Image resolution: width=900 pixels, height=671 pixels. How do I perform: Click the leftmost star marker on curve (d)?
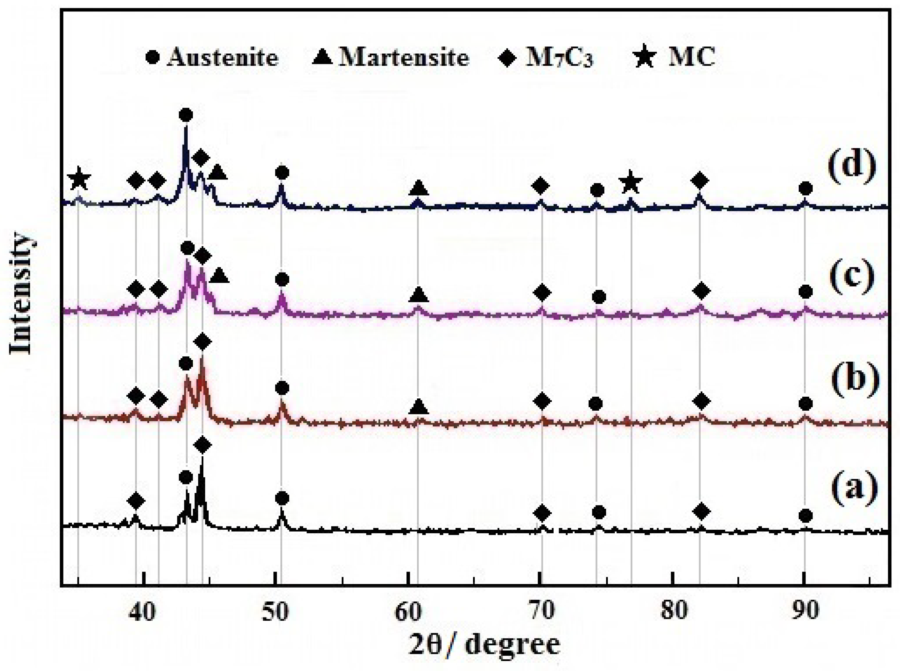click(79, 179)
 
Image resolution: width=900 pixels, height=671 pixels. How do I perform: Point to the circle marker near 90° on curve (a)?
click(805, 516)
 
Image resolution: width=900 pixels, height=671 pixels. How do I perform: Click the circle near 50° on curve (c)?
click(282, 279)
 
